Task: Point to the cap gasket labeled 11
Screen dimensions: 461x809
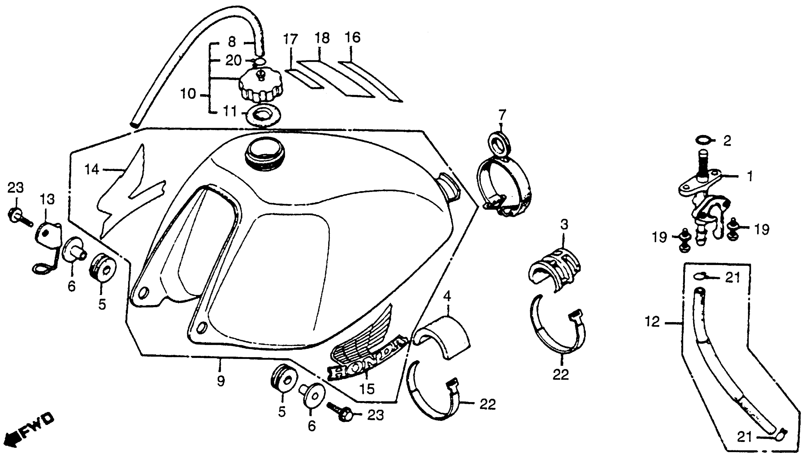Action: [x=263, y=116]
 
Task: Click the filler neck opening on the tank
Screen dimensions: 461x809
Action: [x=265, y=153]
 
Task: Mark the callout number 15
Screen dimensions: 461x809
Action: [x=367, y=389]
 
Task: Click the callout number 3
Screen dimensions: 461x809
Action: [x=564, y=225]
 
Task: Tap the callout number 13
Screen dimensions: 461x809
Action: [x=47, y=200]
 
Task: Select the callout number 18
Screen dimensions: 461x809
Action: [x=322, y=39]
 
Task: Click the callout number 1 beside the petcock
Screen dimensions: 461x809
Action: [x=750, y=176]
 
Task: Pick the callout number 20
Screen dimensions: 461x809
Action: [x=233, y=60]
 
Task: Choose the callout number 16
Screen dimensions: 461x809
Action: [x=353, y=38]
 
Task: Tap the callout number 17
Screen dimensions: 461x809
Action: [x=290, y=40]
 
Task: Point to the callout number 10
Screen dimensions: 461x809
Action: [x=188, y=94]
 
